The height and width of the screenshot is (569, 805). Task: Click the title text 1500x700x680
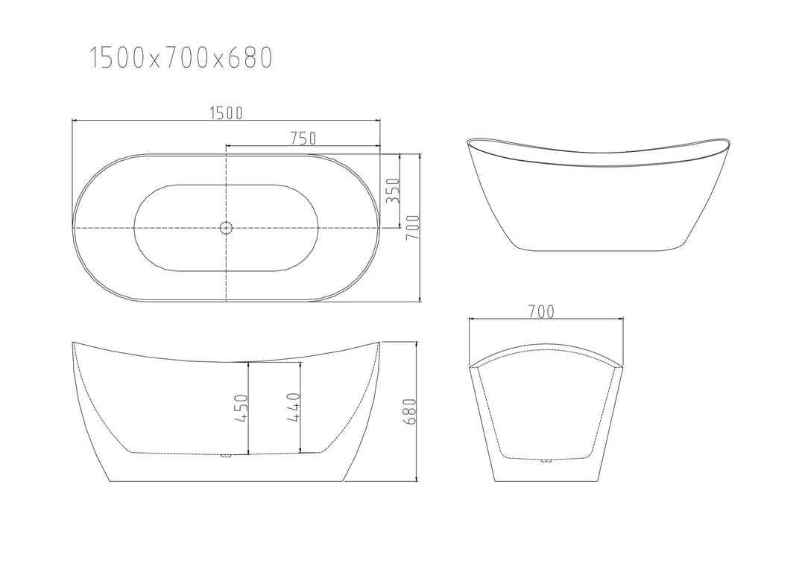[181, 57]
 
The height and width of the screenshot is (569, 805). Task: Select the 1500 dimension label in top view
[226, 112]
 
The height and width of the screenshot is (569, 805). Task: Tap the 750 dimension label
[303, 138]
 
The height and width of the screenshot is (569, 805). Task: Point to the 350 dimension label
[394, 191]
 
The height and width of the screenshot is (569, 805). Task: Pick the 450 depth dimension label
[241, 408]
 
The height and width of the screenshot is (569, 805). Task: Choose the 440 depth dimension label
[293, 408]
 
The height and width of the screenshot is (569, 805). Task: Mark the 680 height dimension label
[408, 411]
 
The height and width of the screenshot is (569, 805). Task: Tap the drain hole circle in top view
[226, 228]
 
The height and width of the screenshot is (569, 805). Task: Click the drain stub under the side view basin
[227, 455]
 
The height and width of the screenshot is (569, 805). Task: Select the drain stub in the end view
[546, 460]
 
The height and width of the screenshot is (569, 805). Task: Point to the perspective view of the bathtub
[599, 194]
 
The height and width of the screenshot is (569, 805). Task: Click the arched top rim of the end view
[546, 348]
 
